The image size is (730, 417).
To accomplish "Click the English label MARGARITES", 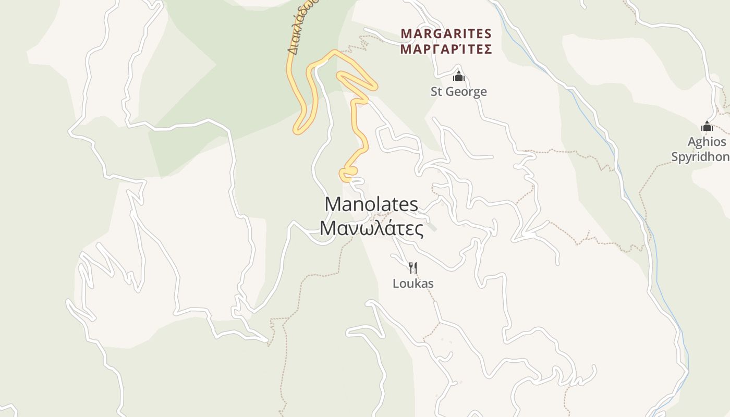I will click(446, 34).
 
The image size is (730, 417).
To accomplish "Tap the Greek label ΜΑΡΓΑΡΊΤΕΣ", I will click(446, 50).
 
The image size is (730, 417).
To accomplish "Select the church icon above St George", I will click(458, 76).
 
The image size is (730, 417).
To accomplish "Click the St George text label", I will click(458, 92).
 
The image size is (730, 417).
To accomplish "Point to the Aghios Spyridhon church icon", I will click(707, 126).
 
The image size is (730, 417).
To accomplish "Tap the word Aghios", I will click(707, 142).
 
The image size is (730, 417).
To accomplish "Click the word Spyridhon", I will click(701, 157).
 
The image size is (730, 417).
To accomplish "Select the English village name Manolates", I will click(371, 204).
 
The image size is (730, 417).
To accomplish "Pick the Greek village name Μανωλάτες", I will click(371, 228).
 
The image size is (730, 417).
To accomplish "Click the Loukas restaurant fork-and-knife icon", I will click(412, 268).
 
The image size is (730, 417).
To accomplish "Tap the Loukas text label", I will click(413, 284).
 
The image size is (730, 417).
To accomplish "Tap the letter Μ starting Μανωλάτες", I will click(328, 228).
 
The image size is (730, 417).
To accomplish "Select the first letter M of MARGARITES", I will click(406, 34).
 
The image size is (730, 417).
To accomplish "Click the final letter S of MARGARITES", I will click(488, 34).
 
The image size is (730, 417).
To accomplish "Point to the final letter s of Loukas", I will click(431, 284).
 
